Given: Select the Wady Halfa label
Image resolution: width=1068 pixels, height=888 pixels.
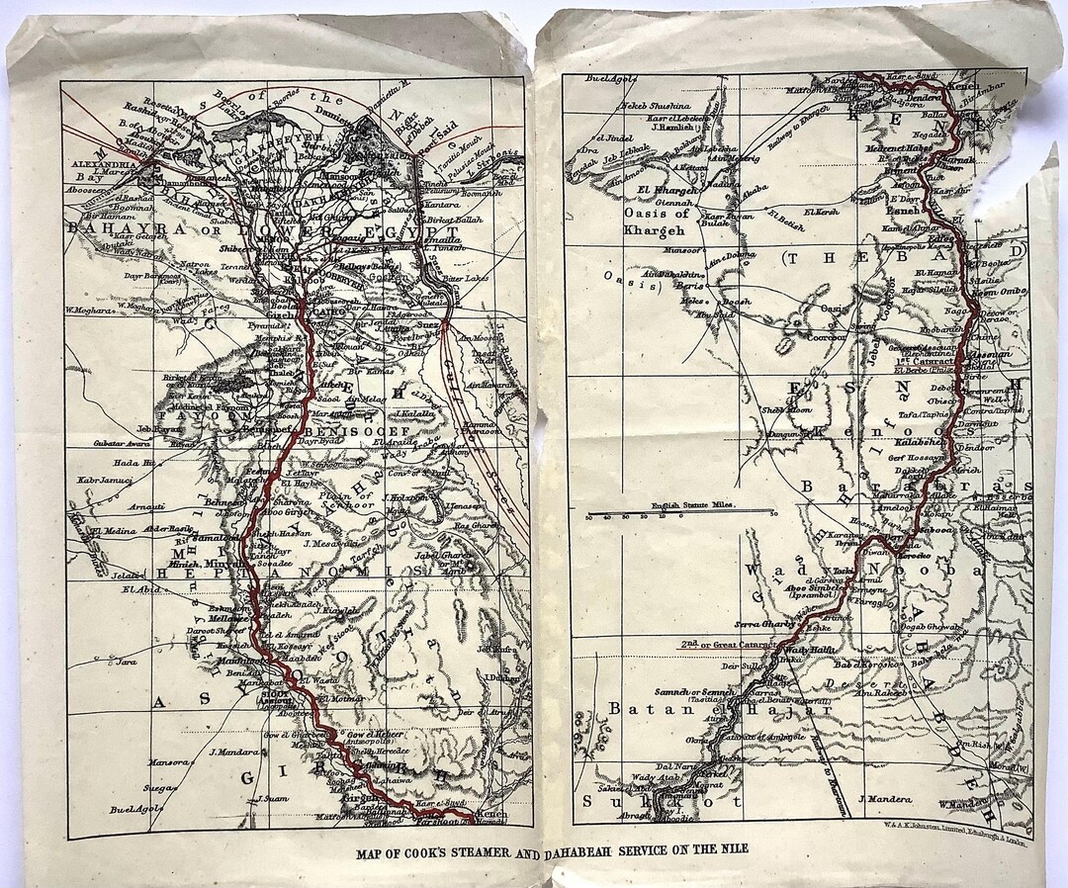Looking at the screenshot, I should [813, 650].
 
